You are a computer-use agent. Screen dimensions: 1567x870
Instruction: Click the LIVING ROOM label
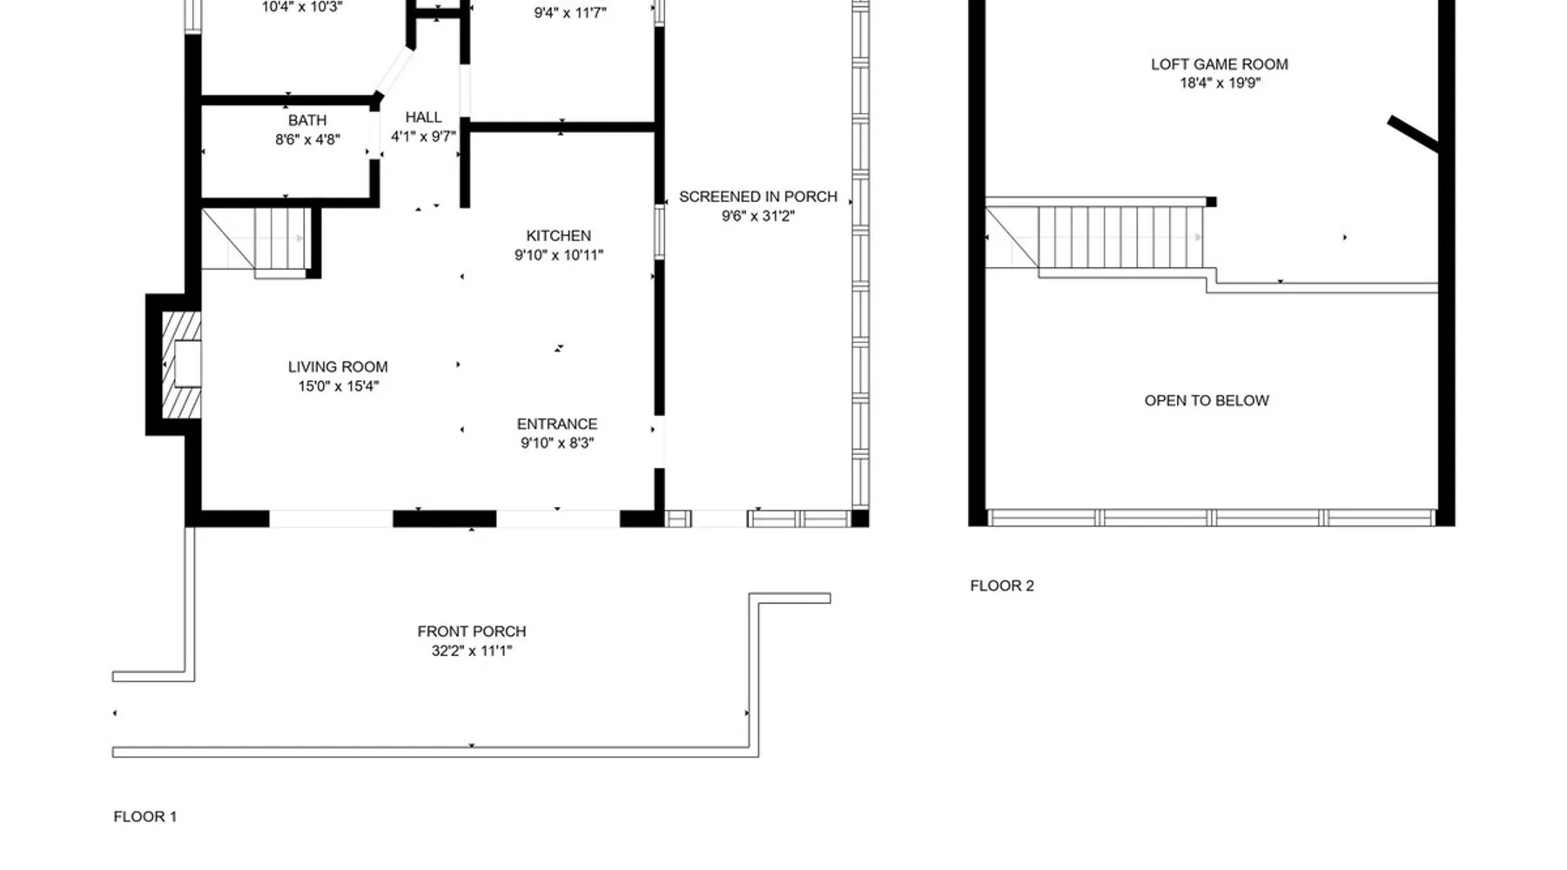coord(338,367)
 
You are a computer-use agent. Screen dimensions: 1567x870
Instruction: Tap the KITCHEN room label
coord(558,236)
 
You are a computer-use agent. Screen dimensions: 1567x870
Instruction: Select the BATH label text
coord(307,120)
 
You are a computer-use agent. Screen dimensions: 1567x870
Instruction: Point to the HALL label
coord(423,117)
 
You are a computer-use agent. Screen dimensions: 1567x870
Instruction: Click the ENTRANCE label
coord(557,424)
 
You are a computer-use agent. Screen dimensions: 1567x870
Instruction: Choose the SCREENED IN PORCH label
coord(758,197)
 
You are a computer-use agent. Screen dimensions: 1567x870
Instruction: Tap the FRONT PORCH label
coord(472,632)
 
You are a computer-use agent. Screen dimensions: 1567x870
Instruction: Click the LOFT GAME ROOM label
coord(1220,64)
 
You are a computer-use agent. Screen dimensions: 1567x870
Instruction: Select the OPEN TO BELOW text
coord(1207,400)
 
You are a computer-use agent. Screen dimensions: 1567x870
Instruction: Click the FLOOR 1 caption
coord(145,816)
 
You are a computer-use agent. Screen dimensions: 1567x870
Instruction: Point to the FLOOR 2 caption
coord(1002,586)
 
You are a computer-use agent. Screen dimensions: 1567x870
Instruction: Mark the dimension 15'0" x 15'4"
coord(339,386)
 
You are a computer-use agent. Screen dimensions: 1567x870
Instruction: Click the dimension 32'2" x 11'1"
coord(472,651)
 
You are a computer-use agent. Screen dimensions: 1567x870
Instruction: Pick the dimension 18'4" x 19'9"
coord(1221,84)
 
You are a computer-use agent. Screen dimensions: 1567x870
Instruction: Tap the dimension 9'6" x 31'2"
coord(758,216)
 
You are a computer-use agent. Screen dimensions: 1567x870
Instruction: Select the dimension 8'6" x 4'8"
coord(307,139)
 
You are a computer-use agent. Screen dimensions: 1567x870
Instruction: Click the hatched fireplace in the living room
coord(182,365)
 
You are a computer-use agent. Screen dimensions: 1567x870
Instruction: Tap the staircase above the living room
coord(256,240)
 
